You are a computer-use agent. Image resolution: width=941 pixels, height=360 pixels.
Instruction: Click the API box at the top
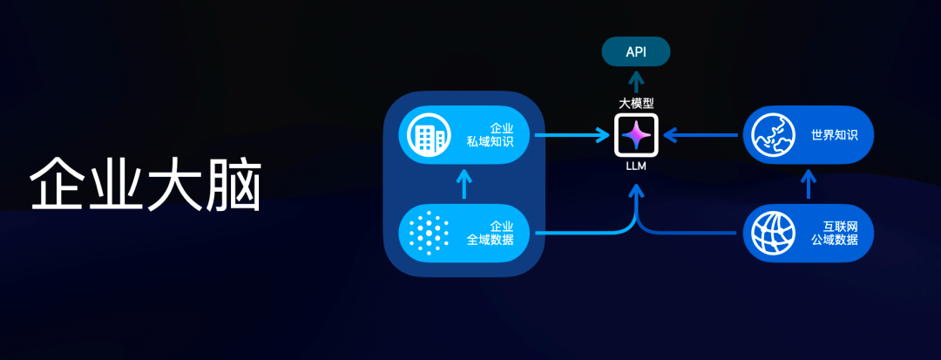[x=636, y=52]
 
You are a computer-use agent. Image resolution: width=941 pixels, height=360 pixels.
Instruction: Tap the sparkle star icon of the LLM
[x=636, y=135]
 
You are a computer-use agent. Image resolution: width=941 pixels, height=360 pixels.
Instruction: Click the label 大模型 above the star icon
[x=636, y=103]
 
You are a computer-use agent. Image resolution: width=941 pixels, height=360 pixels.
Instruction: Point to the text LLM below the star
[x=636, y=166]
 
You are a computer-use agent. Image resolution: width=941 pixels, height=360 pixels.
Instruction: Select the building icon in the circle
[x=427, y=135]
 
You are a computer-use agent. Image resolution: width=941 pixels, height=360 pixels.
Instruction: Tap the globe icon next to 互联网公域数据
[x=772, y=233]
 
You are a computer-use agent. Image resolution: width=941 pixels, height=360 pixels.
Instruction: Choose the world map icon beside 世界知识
[x=772, y=135]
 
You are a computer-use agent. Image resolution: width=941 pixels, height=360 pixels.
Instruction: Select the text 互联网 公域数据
[x=835, y=233]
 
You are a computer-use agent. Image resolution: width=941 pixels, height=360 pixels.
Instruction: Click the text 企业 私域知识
[x=491, y=135]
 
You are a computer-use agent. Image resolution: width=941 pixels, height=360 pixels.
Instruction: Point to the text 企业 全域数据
[x=491, y=233]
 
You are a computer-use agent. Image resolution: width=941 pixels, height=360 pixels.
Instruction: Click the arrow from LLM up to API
[x=636, y=80]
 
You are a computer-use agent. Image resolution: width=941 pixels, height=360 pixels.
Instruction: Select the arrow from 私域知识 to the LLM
[x=571, y=135]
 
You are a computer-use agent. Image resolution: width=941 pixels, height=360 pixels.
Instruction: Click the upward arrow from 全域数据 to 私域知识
[x=464, y=184]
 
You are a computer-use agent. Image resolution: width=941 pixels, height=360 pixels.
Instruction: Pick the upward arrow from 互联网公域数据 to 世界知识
[x=809, y=184]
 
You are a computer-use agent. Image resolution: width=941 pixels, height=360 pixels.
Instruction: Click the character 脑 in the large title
[x=234, y=184]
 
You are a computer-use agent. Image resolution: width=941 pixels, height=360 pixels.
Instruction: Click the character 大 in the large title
[x=175, y=184]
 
